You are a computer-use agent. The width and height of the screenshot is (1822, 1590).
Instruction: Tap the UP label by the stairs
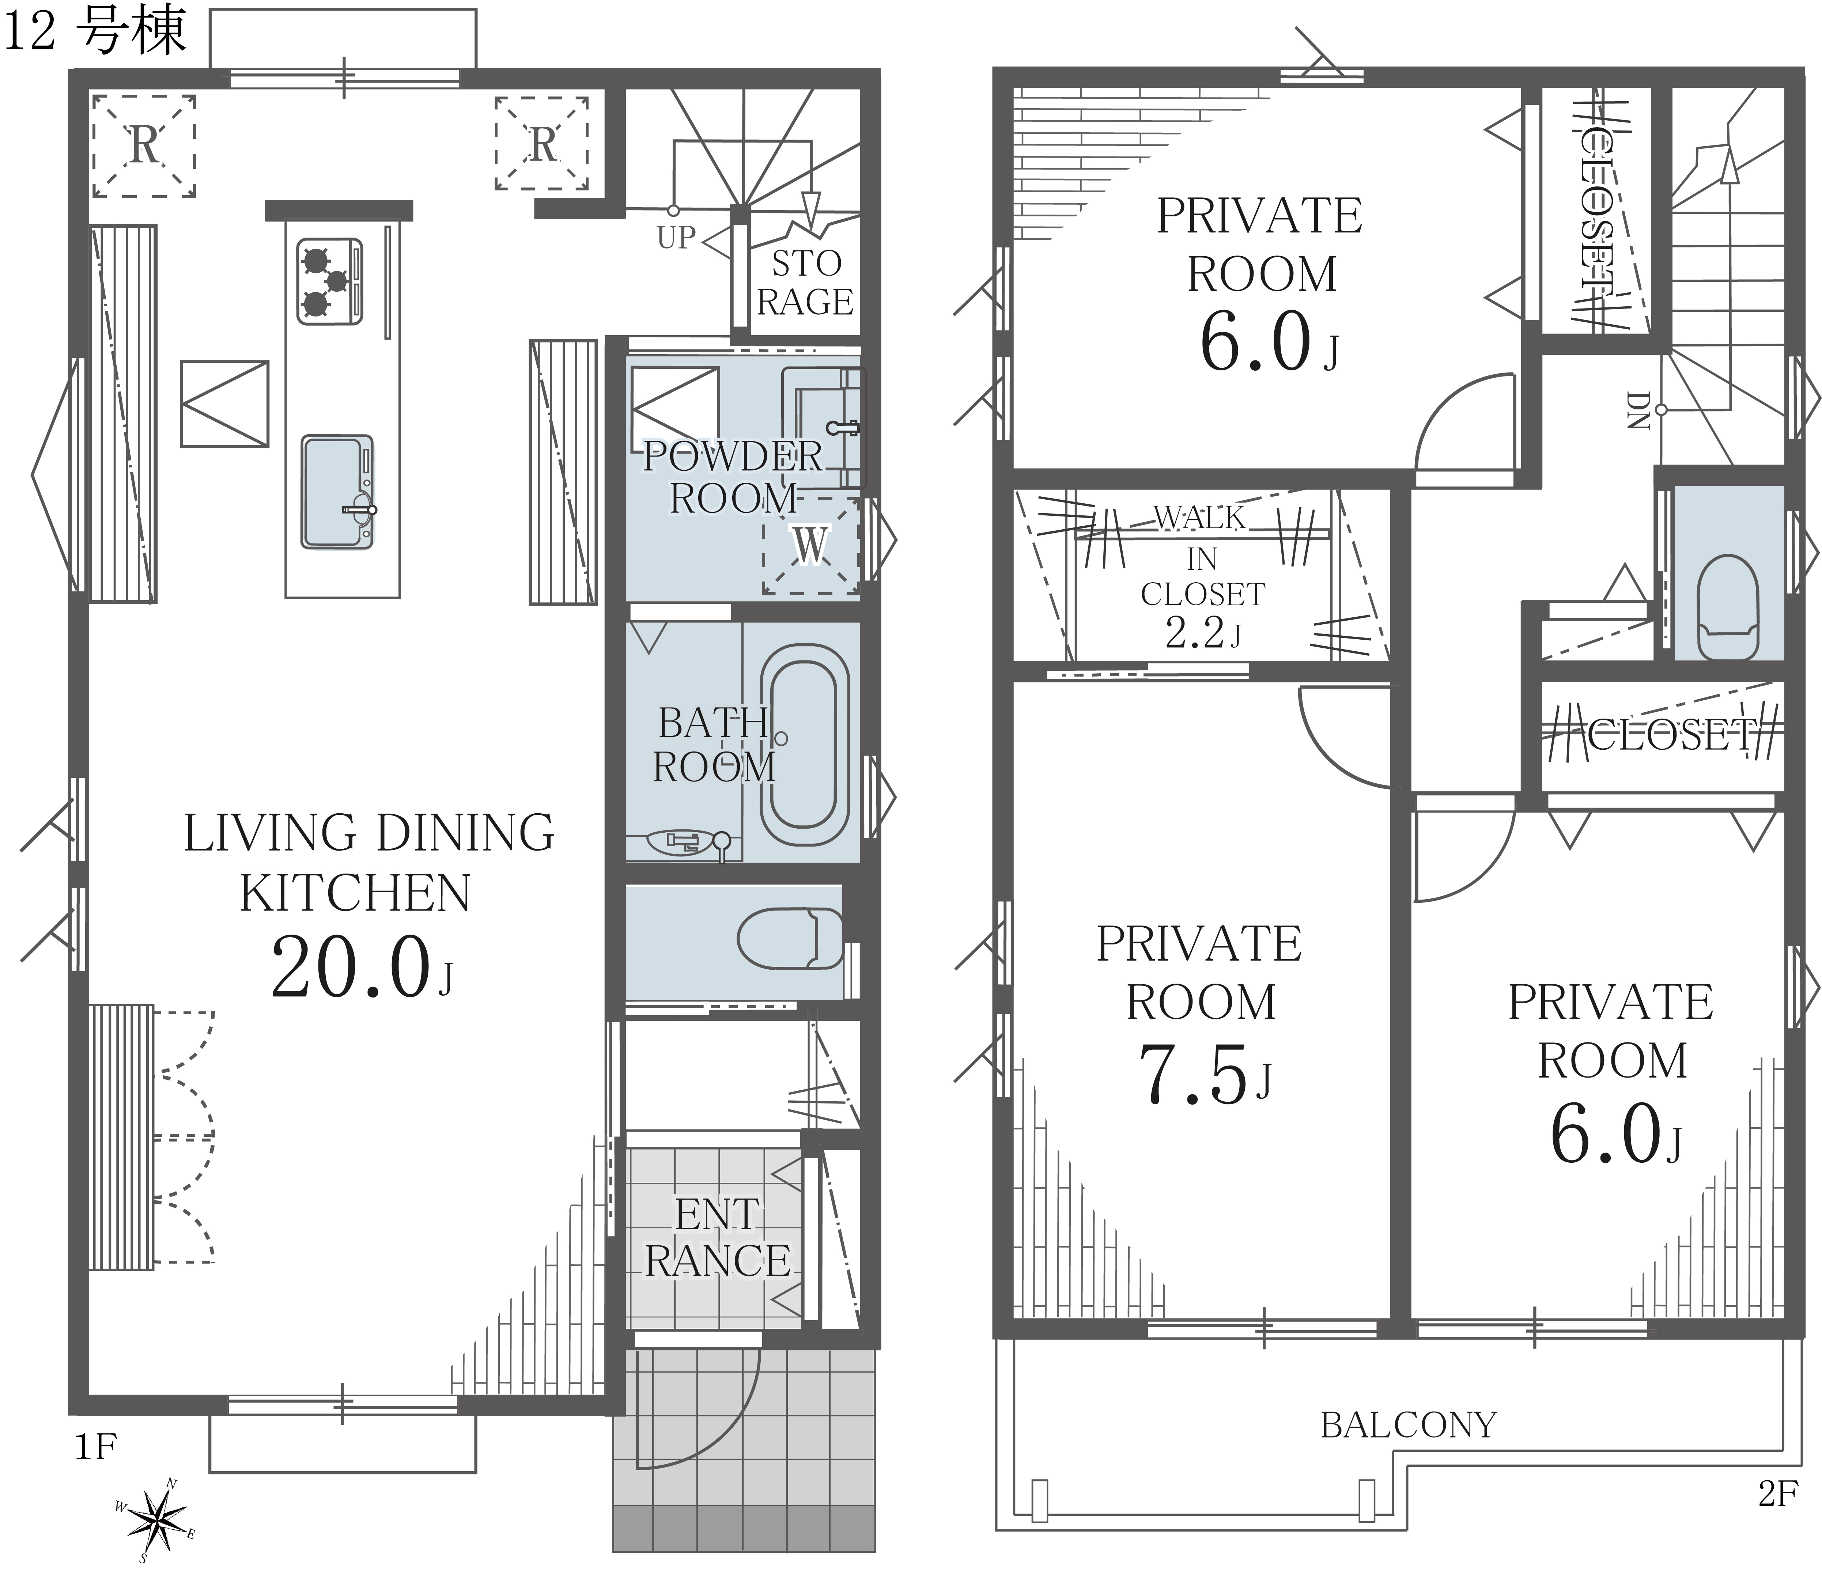[676, 238]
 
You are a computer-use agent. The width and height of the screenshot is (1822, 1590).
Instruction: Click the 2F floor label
[1778, 1495]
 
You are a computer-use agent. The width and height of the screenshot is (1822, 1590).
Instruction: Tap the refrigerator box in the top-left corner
[144, 145]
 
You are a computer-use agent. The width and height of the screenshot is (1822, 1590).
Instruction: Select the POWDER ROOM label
[733, 477]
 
